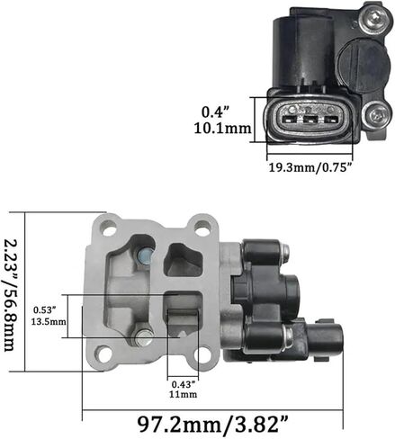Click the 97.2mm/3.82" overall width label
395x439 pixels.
[x=212, y=424]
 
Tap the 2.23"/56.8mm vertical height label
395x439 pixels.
[x=12, y=295]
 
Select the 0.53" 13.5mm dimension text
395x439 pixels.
[x=49, y=316]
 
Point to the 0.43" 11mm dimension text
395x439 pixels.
[x=184, y=389]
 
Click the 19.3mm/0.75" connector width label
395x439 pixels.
[x=310, y=167]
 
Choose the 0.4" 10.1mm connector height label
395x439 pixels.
[x=222, y=121]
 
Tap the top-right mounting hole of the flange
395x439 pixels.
[x=202, y=226]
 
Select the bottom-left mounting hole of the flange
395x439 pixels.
[x=103, y=353]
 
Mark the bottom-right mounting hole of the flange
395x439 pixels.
[x=202, y=354]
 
